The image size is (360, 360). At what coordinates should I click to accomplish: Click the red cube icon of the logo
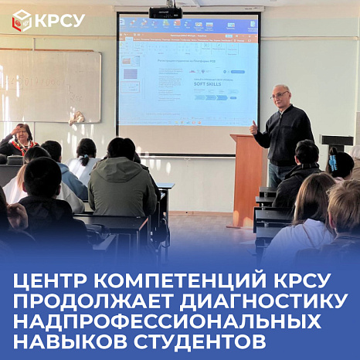tap(22, 21)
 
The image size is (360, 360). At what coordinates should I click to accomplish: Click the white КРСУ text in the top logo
tap(59, 21)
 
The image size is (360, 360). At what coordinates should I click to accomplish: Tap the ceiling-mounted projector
tap(165, 12)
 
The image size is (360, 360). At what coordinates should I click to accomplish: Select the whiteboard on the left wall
tap(49, 85)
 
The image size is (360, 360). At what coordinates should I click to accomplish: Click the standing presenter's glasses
tap(278, 95)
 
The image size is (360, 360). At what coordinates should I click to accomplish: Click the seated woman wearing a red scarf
tap(22, 140)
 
